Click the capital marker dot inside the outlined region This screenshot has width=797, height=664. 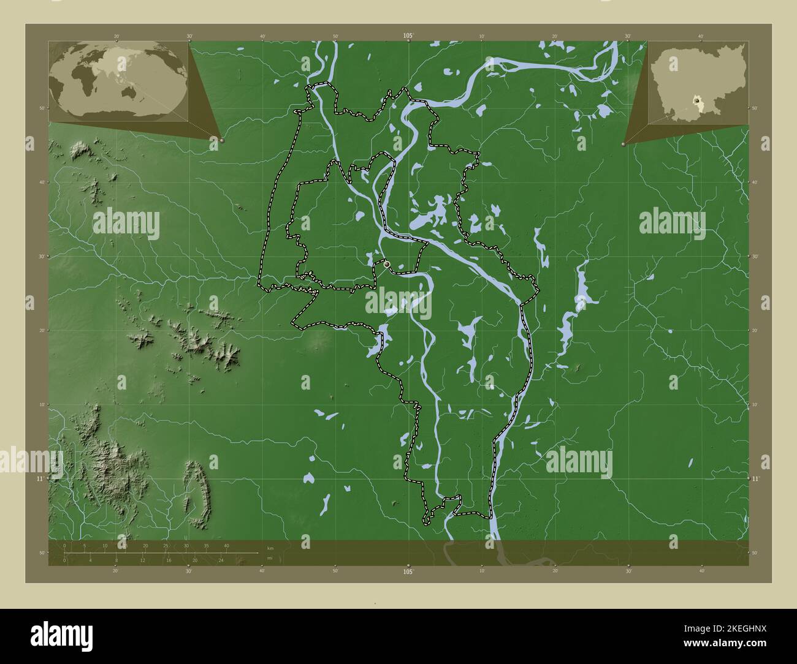[x=387, y=264]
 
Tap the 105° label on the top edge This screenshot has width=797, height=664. [x=408, y=36]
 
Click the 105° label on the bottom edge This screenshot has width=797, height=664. [x=408, y=572]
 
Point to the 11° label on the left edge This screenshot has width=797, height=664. [x=40, y=478]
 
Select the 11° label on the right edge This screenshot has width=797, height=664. [x=755, y=478]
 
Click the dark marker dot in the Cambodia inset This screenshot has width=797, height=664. [x=696, y=99]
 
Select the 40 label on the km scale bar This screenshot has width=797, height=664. [x=226, y=546]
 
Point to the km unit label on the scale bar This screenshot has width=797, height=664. [x=270, y=547]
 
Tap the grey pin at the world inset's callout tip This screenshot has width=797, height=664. [x=221, y=140]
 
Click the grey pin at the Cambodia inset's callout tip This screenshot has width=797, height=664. [x=623, y=144]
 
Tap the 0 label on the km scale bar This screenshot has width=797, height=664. [x=64, y=546]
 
